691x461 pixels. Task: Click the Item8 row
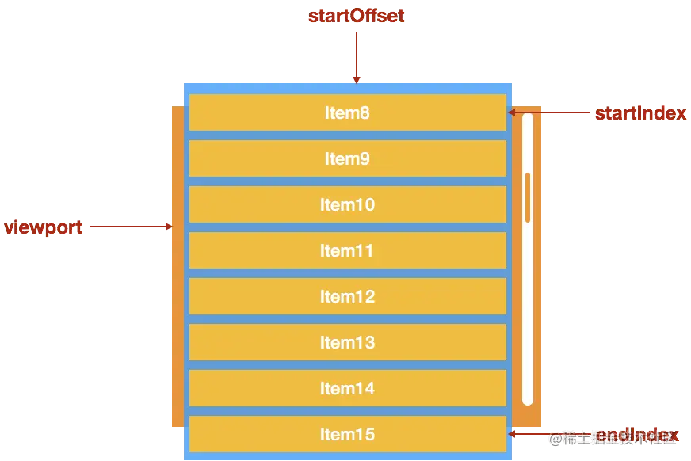(x=347, y=112)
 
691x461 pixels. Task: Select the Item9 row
(x=347, y=158)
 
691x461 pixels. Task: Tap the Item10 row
(x=347, y=204)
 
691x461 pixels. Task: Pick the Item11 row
(x=347, y=250)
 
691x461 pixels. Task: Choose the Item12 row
(x=347, y=296)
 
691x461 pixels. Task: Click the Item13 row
(x=347, y=342)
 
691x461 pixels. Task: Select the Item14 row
(x=347, y=388)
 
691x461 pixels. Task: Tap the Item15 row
(x=347, y=434)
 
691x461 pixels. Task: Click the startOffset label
(x=356, y=17)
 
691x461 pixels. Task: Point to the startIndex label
(x=640, y=113)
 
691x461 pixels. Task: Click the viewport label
(x=44, y=227)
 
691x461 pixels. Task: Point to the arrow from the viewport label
(x=130, y=227)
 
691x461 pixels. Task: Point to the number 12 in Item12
(x=365, y=296)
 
